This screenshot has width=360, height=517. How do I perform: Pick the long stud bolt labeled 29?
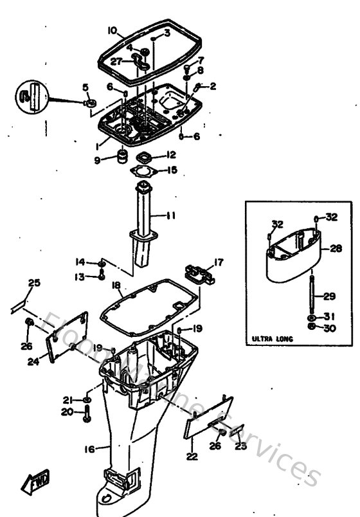click(311, 296)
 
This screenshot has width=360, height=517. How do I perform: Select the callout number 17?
click(219, 262)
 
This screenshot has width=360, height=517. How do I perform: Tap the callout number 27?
click(116, 62)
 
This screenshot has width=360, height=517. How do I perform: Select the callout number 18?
click(116, 284)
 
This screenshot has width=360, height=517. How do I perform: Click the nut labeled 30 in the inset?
click(312, 329)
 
